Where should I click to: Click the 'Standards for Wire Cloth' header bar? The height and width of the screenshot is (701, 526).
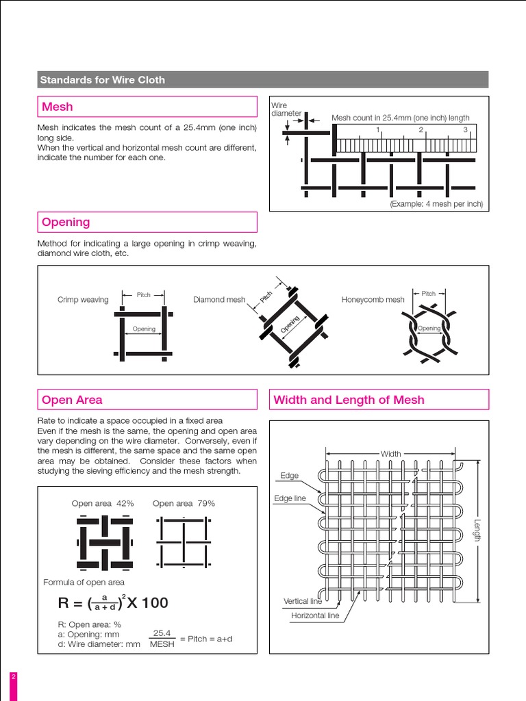coord(264,79)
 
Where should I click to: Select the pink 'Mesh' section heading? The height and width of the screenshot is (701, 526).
coord(147,107)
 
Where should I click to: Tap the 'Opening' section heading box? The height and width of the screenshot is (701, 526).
coord(147,222)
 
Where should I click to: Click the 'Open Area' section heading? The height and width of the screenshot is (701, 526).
coord(147,400)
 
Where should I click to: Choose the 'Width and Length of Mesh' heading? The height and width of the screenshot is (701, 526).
coord(379,400)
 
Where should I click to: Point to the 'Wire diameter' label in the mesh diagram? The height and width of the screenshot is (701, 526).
coord(286,110)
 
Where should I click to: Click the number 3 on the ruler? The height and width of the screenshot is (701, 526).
coord(465,129)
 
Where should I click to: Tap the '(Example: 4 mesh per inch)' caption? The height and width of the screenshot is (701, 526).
coord(436,204)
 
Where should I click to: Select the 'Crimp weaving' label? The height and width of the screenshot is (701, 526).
coord(83,300)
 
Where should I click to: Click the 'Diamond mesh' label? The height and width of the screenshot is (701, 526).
coord(219,300)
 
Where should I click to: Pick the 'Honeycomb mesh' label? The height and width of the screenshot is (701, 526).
coord(373,300)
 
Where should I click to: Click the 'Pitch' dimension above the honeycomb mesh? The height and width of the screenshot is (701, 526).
coord(429,294)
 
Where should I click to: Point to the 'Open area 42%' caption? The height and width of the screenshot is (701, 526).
coord(103,503)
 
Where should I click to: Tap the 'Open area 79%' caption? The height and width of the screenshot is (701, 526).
coord(184,503)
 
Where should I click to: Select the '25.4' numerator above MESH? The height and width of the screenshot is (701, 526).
coord(161,633)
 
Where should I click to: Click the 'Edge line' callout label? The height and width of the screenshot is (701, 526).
coord(290,498)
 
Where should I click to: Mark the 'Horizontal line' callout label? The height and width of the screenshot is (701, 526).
coord(315,615)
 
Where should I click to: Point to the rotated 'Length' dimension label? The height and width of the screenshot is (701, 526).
coord(477,530)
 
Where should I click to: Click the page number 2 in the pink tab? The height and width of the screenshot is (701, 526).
coord(13,677)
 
